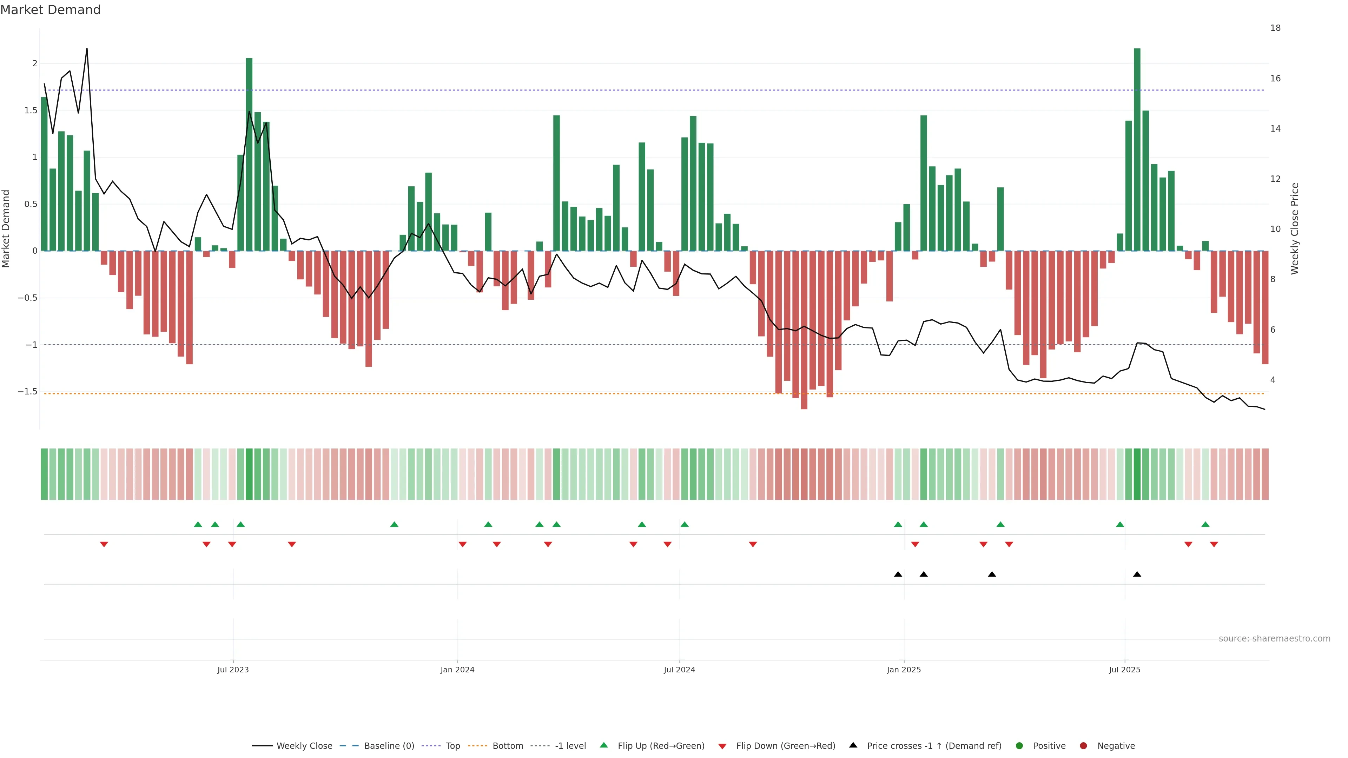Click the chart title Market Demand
[50, 10]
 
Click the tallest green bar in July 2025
[1137, 149]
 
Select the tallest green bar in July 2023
[249, 154]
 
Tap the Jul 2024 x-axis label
[679, 670]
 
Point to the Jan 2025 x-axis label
[904, 670]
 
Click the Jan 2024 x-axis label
[457, 670]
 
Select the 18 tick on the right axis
[1275, 28]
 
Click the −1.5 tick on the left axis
[28, 391]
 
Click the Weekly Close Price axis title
[1295, 228]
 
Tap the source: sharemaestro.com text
[1274, 639]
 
